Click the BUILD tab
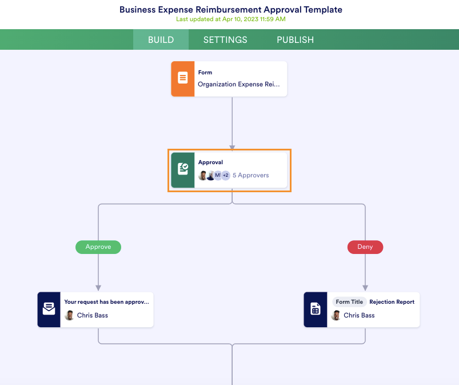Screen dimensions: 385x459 161,40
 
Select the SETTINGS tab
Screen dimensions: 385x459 225,40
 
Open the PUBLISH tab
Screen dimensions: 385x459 295,40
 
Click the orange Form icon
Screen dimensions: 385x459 182,79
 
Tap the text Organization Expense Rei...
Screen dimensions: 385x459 239,84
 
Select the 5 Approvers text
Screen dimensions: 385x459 250,175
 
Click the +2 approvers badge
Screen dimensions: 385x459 225,175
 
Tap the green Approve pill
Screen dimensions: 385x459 98,247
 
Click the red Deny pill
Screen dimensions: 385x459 365,247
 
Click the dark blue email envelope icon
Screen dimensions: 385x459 49,309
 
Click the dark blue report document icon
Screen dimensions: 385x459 315,309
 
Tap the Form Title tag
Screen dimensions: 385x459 349,302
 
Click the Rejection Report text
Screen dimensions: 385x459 392,302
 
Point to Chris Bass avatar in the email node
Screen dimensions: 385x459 69,315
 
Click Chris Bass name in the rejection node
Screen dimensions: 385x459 359,315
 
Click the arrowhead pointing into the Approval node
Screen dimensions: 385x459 232,148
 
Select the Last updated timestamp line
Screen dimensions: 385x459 231,19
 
